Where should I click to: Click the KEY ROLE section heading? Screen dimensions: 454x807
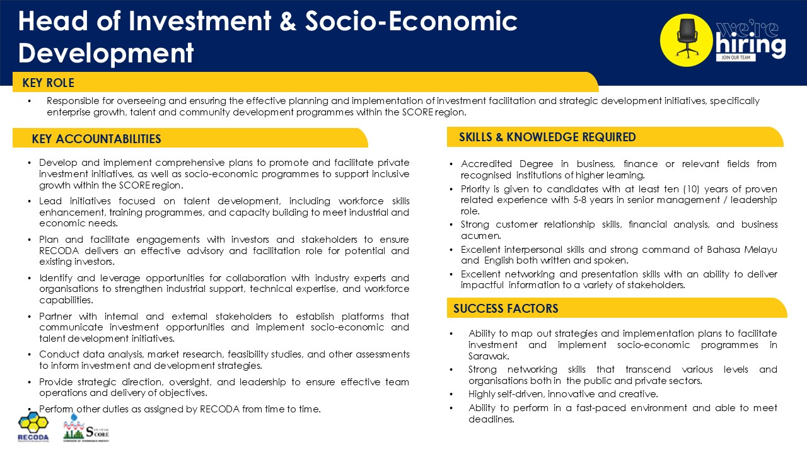coord(48,83)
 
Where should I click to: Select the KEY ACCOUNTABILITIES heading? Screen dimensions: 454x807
coord(96,139)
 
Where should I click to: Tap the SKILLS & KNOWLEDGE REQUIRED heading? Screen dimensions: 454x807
coord(547,137)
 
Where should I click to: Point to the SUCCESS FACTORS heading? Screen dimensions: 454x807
coord(505,308)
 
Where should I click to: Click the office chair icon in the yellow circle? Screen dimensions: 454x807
coord(687,39)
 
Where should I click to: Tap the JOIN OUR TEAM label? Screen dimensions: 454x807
coord(734,57)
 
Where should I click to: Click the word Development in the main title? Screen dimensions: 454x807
coord(106,52)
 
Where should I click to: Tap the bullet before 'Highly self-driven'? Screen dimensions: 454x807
coord(451,394)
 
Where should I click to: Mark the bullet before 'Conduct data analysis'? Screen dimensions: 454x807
coord(30,354)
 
